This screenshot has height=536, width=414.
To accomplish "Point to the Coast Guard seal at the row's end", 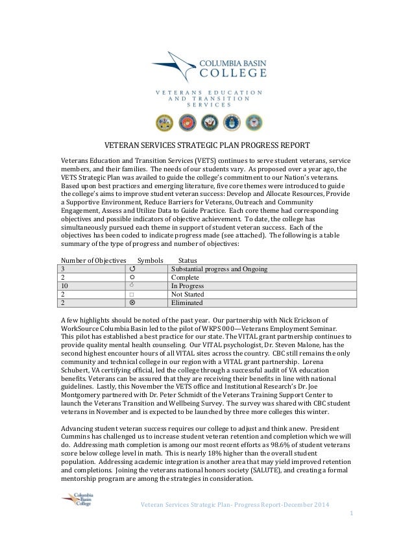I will coord(254,122).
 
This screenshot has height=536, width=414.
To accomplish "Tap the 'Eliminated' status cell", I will coord(187,302).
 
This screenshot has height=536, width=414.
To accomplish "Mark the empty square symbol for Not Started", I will coord(132,294).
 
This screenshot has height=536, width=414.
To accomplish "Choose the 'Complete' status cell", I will coord(185,277).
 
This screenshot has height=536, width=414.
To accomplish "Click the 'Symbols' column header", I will coord(150,260).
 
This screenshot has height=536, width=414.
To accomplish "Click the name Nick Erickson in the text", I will coord(308,320).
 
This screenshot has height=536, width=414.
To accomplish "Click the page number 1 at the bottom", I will coord(350,514).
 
